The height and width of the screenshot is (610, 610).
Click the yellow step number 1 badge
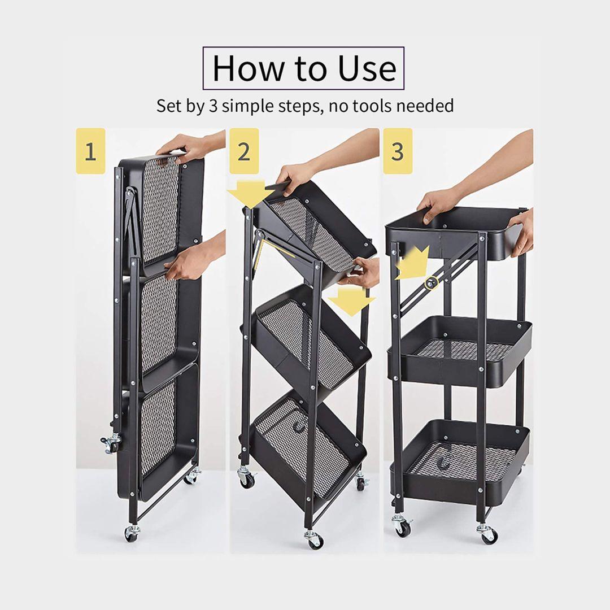(90, 151)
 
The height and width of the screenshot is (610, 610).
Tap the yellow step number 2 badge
(244, 151)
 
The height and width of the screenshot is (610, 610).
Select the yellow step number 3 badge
(398, 151)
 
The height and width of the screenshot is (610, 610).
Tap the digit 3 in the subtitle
(213, 106)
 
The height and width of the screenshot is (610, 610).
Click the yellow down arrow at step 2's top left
(251, 193)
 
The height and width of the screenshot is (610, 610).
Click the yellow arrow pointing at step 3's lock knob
(412, 263)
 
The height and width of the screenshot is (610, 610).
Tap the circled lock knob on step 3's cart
(430, 283)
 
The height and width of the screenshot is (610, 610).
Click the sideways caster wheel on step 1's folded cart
(111, 443)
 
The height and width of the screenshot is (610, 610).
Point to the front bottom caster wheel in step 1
(132, 534)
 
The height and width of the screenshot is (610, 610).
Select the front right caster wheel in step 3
(487, 534)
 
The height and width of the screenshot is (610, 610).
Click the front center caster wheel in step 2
(314, 538)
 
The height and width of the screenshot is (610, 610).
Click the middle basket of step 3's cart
(460, 352)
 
